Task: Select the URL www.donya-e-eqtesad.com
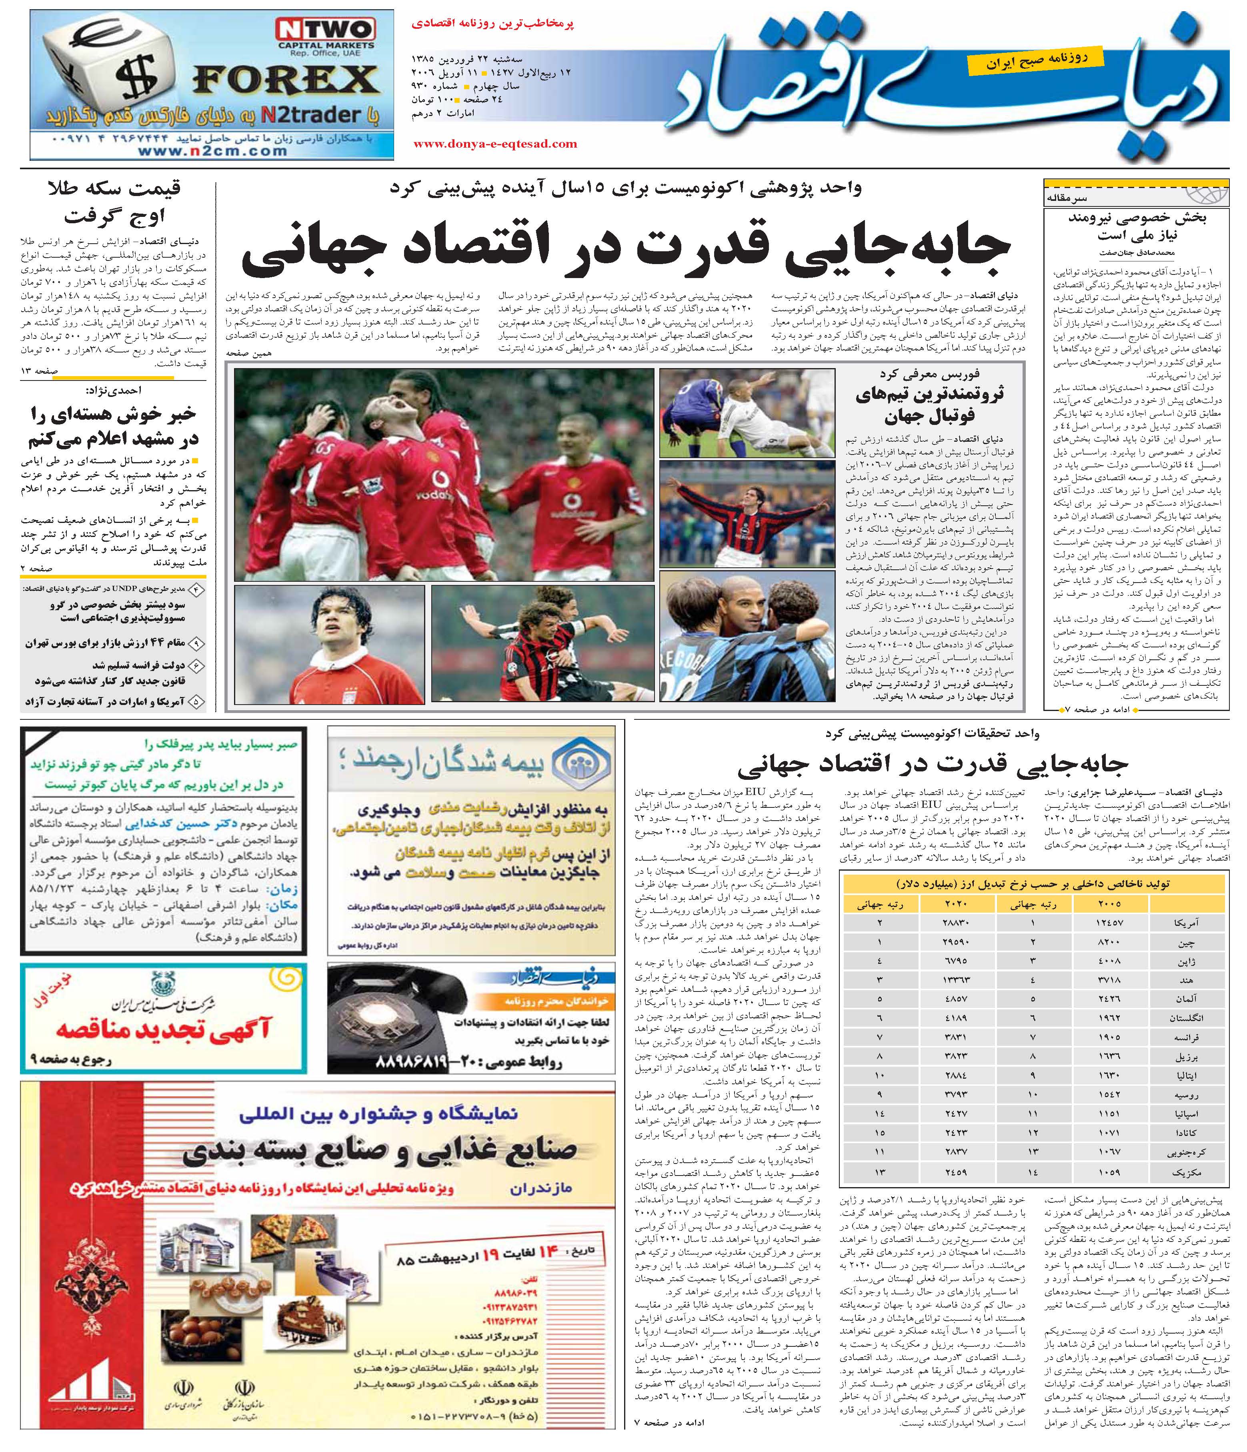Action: (495, 144)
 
